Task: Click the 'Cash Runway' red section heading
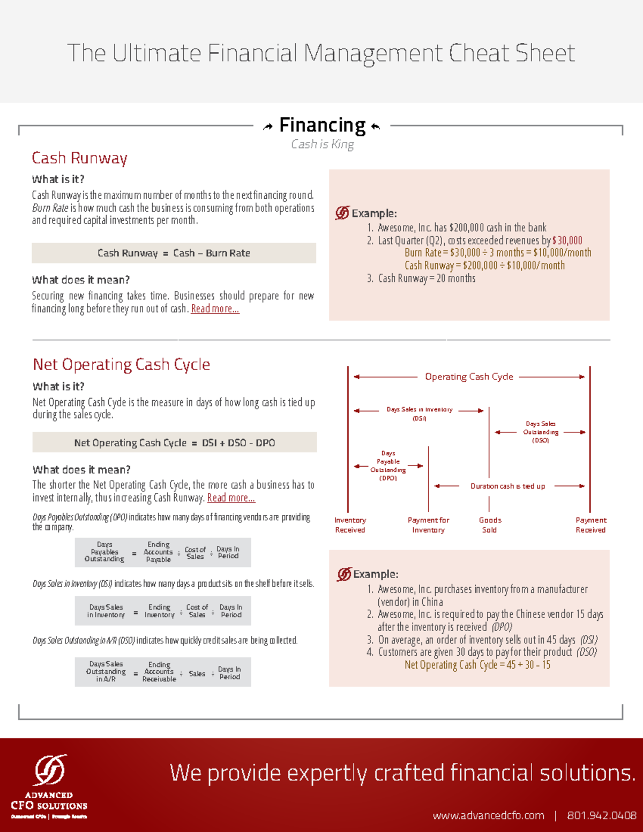tap(79, 158)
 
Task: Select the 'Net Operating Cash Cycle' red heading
tap(121, 365)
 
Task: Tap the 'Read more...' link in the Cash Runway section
tap(215, 309)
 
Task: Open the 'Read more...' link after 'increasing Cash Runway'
tap(231, 498)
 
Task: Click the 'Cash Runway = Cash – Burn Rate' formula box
tap(174, 253)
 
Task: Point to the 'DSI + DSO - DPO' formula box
tap(174, 443)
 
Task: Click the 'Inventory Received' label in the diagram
tap(350, 525)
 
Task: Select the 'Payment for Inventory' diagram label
tap(428, 525)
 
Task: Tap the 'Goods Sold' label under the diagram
tap(490, 525)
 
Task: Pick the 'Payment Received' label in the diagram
tap(590, 525)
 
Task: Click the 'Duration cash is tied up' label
tap(507, 486)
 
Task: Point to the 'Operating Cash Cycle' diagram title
tap(469, 377)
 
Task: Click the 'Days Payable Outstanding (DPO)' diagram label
tap(388, 466)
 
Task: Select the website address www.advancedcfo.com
tap(488, 815)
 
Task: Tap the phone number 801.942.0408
tap(602, 815)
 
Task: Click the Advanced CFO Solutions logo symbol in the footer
tap(50, 770)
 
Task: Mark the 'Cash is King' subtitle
tap(322, 144)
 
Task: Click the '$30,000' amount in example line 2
tap(567, 241)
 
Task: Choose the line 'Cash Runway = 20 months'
tap(427, 279)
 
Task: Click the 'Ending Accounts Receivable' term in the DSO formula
tap(159, 672)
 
